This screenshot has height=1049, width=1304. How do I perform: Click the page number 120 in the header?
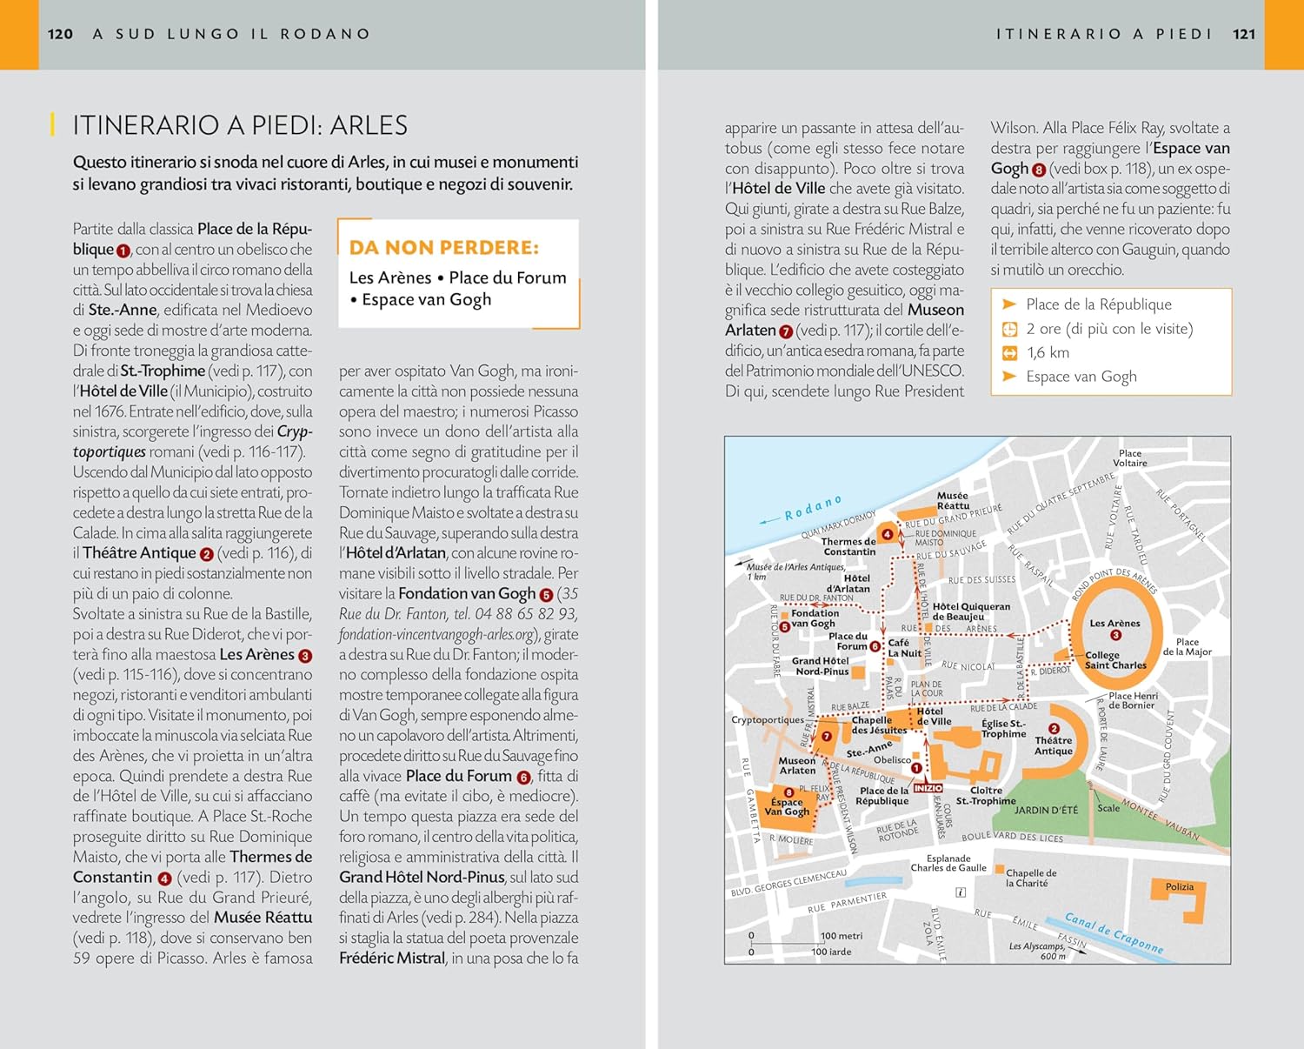pyautogui.click(x=60, y=34)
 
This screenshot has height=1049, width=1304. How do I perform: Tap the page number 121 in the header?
pyautogui.click(x=1244, y=34)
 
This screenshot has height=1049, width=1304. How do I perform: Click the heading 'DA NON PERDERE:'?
pyautogui.click(x=443, y=248)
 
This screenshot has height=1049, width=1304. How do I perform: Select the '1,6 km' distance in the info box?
pyautogui.click(x=1048, y=352)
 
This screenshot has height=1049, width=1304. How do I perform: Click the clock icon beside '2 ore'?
pyautogui.click(x=1009, y=329)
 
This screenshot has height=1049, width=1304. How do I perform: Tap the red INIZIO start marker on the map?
pyautogui.click(x=928, y=787)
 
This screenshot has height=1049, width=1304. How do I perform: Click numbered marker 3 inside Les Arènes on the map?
pyautogui.click(x=1115, y=635)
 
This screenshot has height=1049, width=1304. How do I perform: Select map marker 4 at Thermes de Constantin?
pyautogui.click(x=887, y=534)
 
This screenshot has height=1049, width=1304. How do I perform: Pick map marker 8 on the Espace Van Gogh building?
pyautogui.click(x=788, y=792)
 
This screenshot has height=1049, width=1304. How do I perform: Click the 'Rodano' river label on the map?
pyautogui.click(x=813, y=508)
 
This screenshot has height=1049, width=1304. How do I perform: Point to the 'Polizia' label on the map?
pyautogui.click(x=1180, y=886)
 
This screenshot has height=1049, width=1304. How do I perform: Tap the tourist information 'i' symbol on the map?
pyautogui.click(x=961, y=892)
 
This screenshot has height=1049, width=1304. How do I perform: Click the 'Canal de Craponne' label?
pyautogui.click(x=1114, y=933)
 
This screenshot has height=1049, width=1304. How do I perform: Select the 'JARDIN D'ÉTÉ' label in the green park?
pyautogui.click(x=1046, y=810)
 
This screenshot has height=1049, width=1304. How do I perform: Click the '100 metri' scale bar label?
pyautogui.click(x=841, y=936)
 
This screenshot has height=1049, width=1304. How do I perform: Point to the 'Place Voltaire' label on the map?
pyautogui.click(x=1130, y=458)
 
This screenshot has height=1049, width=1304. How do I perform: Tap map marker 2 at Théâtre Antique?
pyautogui.click(x=1054, y=729)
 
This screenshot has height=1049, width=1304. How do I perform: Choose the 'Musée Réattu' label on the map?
pyautogui.click(x=953, y=500)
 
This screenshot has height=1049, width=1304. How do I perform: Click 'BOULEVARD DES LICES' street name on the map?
pyautogui.click(x=1012, y=837)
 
